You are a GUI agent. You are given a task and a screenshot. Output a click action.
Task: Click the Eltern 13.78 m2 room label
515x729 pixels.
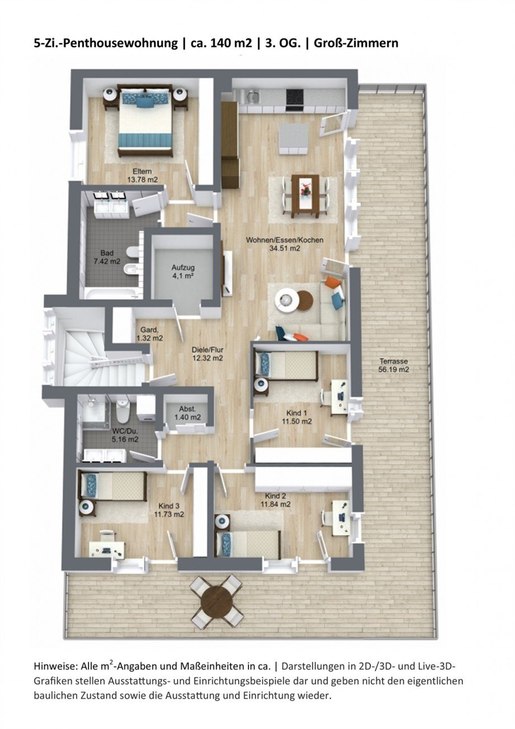coord(142,175)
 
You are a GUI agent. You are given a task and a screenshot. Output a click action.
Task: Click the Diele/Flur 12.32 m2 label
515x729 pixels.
coord(208,354)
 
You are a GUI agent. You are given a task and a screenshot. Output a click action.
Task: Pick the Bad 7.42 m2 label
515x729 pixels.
coord(107,257)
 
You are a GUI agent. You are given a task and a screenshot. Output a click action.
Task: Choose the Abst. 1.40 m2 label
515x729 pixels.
coord(187,413)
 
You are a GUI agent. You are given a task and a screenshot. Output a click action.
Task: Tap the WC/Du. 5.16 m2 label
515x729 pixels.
coord(124,435)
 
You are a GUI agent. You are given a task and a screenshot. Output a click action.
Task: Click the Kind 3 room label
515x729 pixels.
coord(171,510)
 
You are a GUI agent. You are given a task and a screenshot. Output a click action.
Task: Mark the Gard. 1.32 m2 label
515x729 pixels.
coord(149,334)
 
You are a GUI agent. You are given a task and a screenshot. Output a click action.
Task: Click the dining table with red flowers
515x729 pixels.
coord(305,194)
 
